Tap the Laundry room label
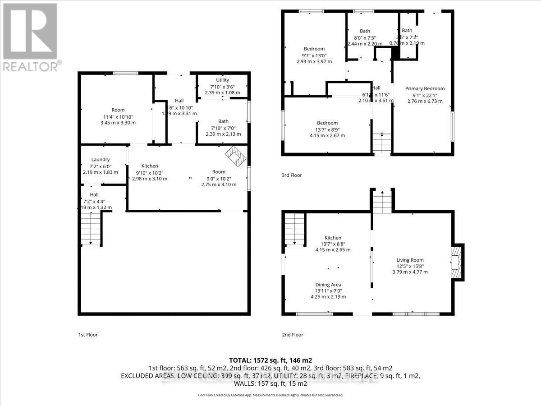click(x=101, y=159)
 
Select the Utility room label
click(x=222, y=80)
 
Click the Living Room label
click(x=410, y=260)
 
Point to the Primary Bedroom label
click(x=425, y=88)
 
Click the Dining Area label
click(x=328, y=285)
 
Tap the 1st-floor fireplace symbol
click(x=236, y=156)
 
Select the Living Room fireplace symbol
click(x=457, y=263)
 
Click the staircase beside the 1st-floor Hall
click(x=91, y=229)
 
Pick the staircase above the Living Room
click(x=382, y=201)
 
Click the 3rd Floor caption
click(x=291, y=175)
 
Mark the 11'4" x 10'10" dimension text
click(x=118, y=116)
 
